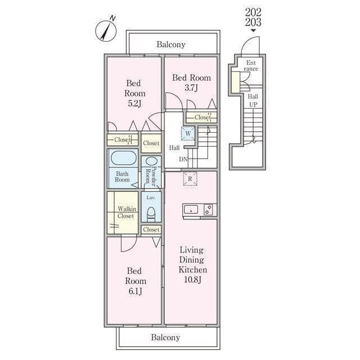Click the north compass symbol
pyautogui.click(x=106, y=30)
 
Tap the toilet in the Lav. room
pyautogui.click(x=151, y=214)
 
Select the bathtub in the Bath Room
pyautogui.click(x=124, y=157)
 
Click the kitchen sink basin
pyautogui.click(x=191, y=209)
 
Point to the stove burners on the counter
pyautogui.click(x=208, y=210)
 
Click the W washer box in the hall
pyautogui.click(x=188, y=133)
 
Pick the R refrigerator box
pyautogui.click(x=190, y=179)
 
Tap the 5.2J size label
pyautogui.click(x=134, y=103)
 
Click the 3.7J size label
pyautogui.click(x=191, y=88)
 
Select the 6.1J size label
pyautogui.click(x=135, y=291)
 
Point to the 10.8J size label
pyautogui.click(x=193, y=280)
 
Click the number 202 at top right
pyautogui.click(x=253, y=12)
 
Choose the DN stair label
pyautogui.click(x=183, y=159)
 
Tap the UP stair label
pyautogui.click(x=253, y=105)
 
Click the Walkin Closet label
pyautogui.click(x=127, y=213)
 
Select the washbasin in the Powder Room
pyautogui.click(x=151, y=161)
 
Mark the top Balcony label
pyautogui.click(x=171, y=44)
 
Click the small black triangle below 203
pyautogui.click(x=253, y=31)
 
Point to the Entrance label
pyautogui.click(x=251, y=66)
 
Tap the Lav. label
pyautogui.click(x=151, y=197)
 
